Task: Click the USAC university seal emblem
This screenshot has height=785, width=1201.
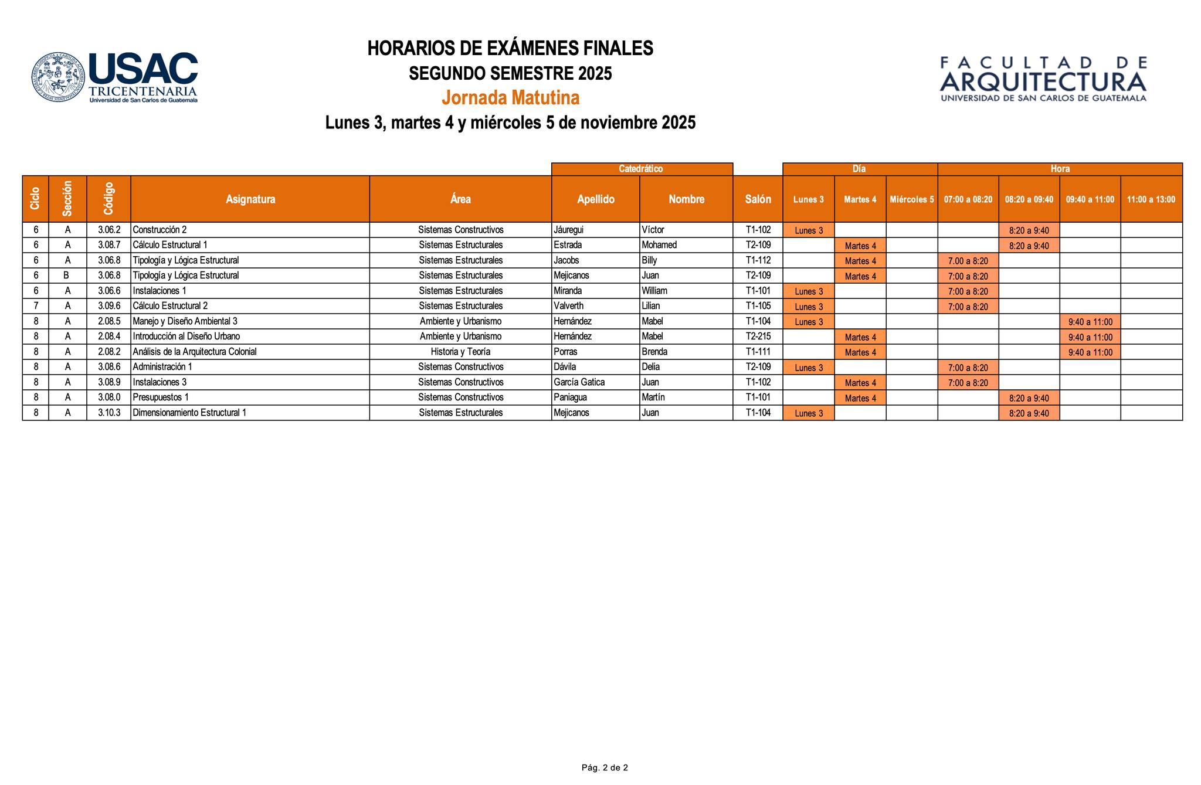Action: click(58, 77)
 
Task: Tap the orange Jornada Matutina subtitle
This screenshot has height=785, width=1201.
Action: click(510, 97)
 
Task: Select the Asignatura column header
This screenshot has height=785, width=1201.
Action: click(250, 199)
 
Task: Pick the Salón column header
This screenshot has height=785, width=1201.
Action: click(758, 199)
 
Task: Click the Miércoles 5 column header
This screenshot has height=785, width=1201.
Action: click(911, 199)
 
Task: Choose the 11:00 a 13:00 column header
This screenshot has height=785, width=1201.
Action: click(1151, 199)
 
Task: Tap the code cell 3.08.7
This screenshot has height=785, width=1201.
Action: click(109, 245)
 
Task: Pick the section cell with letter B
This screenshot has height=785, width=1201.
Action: click(67, 276)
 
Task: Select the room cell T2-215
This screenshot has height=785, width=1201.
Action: click(758, 337)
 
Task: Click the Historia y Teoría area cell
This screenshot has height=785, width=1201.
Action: click(460, 352)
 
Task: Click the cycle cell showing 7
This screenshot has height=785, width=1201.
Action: click(36, 306)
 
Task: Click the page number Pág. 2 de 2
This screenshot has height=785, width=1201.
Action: click(605, 767)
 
